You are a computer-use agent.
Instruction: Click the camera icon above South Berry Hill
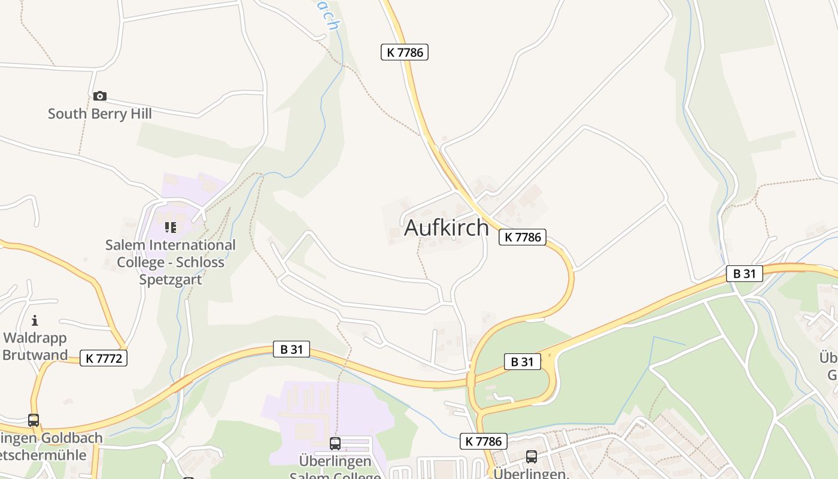click(x=100, y=96)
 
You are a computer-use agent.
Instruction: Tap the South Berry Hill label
click(x=100, y=114)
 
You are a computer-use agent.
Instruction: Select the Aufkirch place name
click(x=447, y=228)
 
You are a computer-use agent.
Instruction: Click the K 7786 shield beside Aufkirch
click(x=523, y=237)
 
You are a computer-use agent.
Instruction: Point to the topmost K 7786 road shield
click(x=405, y=52)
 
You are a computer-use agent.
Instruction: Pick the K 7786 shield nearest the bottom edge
click(x=484, y=442)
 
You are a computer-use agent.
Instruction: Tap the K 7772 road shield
click(x=104, y=358)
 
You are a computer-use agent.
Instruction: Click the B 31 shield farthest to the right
click(x=745, y=274)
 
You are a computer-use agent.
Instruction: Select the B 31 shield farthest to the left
click(x=292, y=349)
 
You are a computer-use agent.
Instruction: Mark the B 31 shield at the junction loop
click(x=522, y=362)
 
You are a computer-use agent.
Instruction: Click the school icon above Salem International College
click(x=171, y=228)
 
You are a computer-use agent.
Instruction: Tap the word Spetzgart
click(x=171, y=280)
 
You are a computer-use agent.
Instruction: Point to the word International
click(x=192, y=245)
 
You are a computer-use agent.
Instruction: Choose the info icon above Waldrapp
click(x=35, y=320)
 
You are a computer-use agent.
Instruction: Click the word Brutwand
click(x=35, y=354)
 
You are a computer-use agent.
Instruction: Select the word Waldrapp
click(x=35, y=338)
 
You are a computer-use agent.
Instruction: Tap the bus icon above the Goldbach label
click(x=34, y=420)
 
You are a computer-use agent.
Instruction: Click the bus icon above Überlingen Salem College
click(x=335, y=444)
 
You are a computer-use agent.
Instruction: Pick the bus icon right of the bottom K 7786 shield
click(x=531, y=457)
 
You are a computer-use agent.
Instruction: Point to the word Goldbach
click(x=71, y=438)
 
